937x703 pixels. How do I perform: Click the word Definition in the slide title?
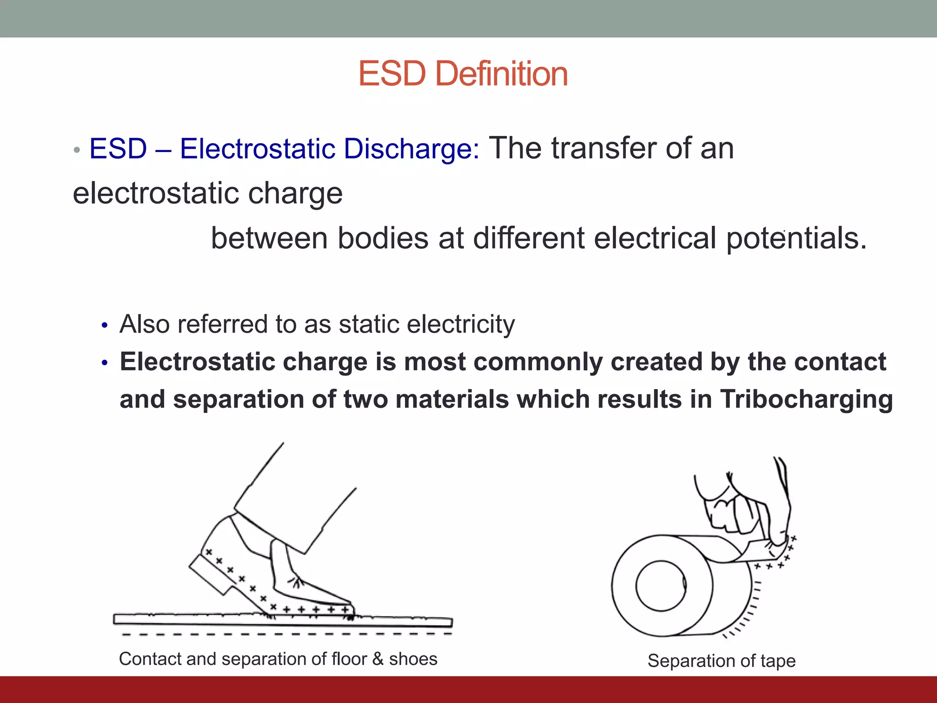pos(501,74)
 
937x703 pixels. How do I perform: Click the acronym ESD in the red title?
pos(392,74)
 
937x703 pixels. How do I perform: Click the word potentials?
pos(796,238)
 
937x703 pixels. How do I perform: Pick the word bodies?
pos(383,238)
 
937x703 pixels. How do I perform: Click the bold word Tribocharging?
pos(806,399)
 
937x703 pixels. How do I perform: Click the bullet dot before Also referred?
pos(105,326)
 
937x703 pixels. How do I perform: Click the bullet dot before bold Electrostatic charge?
pos(105,363)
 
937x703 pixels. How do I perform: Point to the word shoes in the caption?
pos(413,659)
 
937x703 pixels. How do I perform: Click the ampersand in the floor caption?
pos(377,659)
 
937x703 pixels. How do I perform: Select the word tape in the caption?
pos(778,661)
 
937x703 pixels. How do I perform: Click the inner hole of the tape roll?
pos(661,587)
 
